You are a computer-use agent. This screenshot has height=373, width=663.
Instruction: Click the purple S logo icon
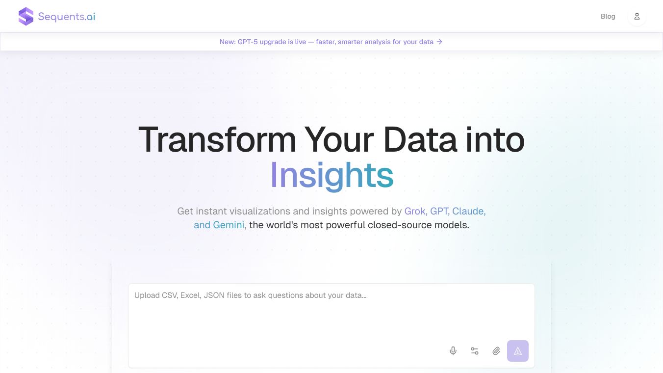click(x=26, y=16)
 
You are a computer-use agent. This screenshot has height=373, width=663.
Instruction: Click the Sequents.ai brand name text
click(x=67, y=17)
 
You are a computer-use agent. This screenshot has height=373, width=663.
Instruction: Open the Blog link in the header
click(x=608, y=16)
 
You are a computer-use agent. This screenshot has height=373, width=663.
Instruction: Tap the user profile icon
click(x=637, y=16)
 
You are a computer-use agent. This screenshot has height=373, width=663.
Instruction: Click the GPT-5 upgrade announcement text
click(x=327, y=42)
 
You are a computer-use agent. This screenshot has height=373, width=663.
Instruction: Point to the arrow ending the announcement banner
click(x=439, y=42)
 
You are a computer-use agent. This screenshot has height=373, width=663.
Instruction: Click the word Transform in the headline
click(x=217, y=139)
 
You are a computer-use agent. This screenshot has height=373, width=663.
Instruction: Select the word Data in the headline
click(x=420, y=139)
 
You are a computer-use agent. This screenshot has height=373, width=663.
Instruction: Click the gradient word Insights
click(x=332, y=175)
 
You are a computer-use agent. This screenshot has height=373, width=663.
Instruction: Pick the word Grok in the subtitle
click(x=415, y=211)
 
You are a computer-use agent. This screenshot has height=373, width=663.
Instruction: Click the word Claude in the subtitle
click(x=468, y=211)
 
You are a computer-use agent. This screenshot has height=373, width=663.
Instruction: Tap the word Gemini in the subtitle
click(x=229, y=225)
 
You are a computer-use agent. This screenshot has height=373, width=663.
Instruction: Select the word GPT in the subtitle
click(x=439, y=211)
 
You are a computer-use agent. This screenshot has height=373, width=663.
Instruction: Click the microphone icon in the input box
click(x=453, y=351)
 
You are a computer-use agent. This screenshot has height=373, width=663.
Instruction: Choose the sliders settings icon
click(x=475, y=351)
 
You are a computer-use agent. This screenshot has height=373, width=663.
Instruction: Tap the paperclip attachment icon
click(x=496, y=351)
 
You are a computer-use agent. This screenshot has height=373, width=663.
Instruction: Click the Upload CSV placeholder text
click(x=251, y=295)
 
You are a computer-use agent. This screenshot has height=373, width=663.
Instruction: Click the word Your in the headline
click(x=339, y=139)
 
